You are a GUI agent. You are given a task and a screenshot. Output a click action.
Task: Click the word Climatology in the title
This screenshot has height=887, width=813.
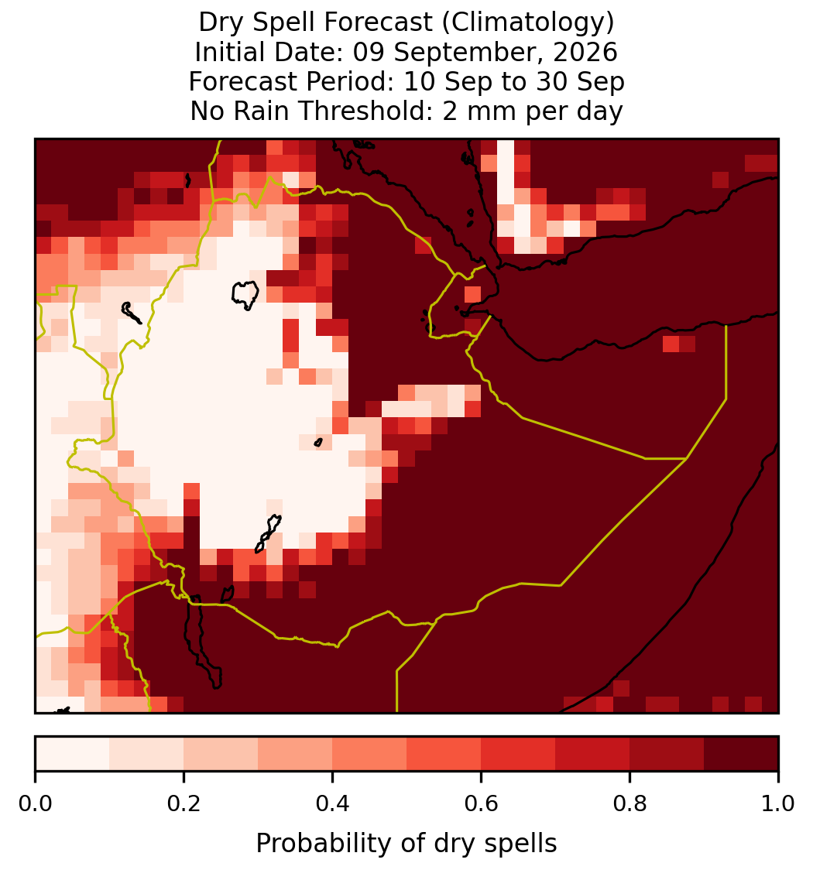click(527, 22)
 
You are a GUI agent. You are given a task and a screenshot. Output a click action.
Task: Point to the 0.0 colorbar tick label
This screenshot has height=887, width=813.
click(35, 804)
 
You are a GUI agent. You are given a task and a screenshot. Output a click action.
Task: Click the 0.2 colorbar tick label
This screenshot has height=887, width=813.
click(184, 804)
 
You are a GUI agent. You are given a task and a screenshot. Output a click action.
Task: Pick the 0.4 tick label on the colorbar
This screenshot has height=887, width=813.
click(333, 804)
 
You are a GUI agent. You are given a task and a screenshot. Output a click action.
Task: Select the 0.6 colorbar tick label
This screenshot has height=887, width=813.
click(482, 804)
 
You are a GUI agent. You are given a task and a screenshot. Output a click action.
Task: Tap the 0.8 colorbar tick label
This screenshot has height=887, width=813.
click(630, 804)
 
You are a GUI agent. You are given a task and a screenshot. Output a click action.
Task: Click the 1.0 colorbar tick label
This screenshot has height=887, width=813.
click(778, 804)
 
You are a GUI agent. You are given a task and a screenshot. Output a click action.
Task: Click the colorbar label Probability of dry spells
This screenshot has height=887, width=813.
click(406, 844)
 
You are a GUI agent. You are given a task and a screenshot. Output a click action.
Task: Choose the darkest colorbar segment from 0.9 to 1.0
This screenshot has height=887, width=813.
click(741, 754)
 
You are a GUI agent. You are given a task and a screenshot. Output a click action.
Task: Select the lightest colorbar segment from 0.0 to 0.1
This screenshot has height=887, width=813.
click(73, 754)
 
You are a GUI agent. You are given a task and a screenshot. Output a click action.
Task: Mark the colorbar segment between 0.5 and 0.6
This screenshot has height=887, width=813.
click(444, 754)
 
